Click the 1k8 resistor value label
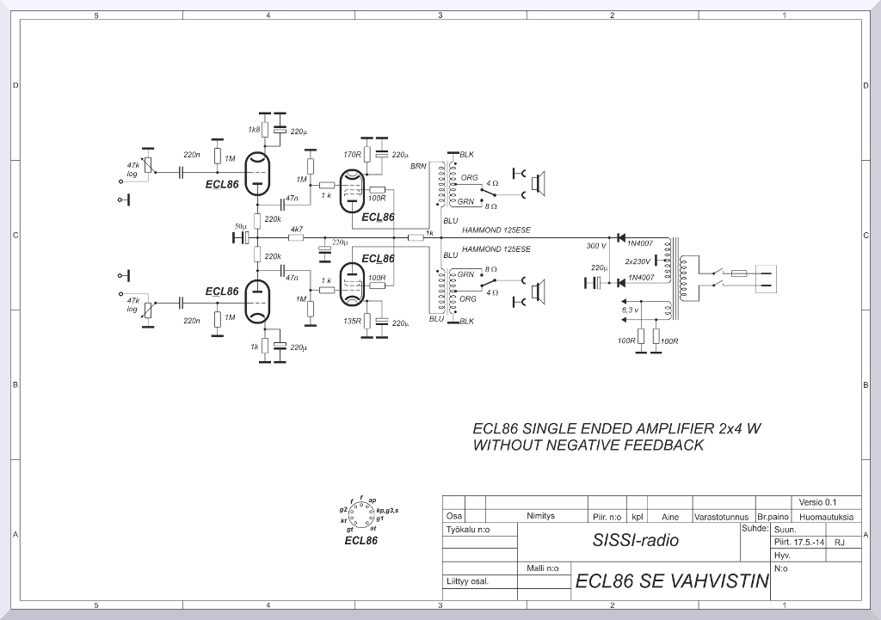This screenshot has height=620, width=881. pos(254,130)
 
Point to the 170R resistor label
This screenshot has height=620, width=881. pos(351,155)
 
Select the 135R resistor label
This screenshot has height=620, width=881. pos(351,321)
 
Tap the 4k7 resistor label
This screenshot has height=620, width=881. pos(296,230)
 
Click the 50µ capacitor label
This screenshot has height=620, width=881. pos(239,227)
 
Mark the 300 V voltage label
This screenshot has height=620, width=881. pos(596,246)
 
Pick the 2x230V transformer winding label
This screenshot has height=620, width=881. pos(638,261)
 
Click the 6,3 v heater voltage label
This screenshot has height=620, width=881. pos(630,309)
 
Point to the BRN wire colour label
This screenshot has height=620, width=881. pos(418,165)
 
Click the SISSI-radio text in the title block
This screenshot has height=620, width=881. pos(635,541)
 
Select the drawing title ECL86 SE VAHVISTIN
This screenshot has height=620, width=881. pos(672,581)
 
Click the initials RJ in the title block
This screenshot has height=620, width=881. pos(840,543)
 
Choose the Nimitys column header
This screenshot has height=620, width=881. pos(540,517)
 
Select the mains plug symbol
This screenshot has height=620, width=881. pos(766,279)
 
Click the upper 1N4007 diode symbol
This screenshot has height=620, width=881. pos(620,237)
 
